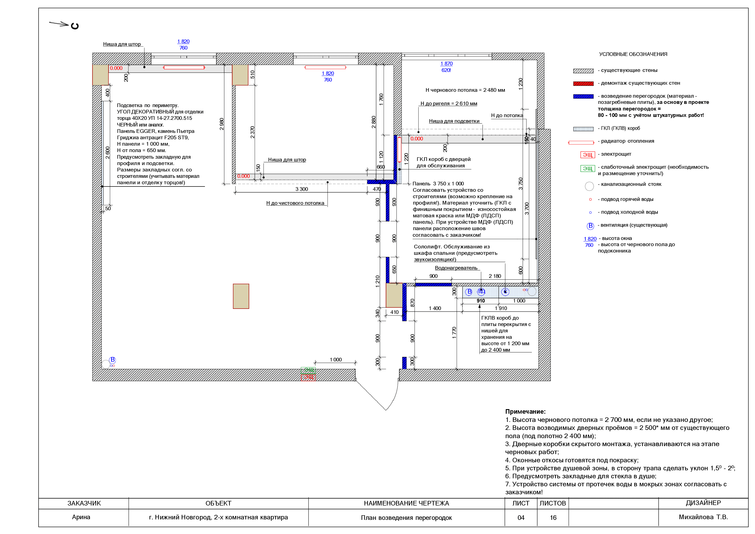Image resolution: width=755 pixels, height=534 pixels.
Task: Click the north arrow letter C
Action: coord(75,26)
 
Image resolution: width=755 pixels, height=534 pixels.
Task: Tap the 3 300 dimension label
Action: coord(301,189)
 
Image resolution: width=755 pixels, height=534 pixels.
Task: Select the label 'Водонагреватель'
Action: coord(456,268)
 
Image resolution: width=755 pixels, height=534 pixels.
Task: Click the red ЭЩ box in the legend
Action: coord(588,155)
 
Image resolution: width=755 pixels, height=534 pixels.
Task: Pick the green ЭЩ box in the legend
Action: coord(588,168)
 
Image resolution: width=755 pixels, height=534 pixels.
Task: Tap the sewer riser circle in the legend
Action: coord(589,186)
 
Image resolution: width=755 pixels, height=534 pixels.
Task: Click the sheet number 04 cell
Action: coord(521,518)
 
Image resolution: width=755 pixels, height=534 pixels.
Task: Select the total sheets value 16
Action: coord(553,518)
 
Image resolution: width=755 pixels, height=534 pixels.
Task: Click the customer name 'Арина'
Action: coord(81,517)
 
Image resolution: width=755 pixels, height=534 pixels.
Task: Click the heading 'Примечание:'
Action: coord(525,411)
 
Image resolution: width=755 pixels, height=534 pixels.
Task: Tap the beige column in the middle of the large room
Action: coord(241,296)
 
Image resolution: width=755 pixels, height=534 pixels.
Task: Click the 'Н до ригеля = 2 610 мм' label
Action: coord(449,103)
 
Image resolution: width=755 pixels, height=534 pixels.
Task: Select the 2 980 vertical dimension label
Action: coord(222,124)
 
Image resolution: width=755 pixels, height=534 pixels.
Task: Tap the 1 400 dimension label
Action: coord(435,308)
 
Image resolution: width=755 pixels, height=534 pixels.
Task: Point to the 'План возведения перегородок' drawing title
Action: coord(406,518)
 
